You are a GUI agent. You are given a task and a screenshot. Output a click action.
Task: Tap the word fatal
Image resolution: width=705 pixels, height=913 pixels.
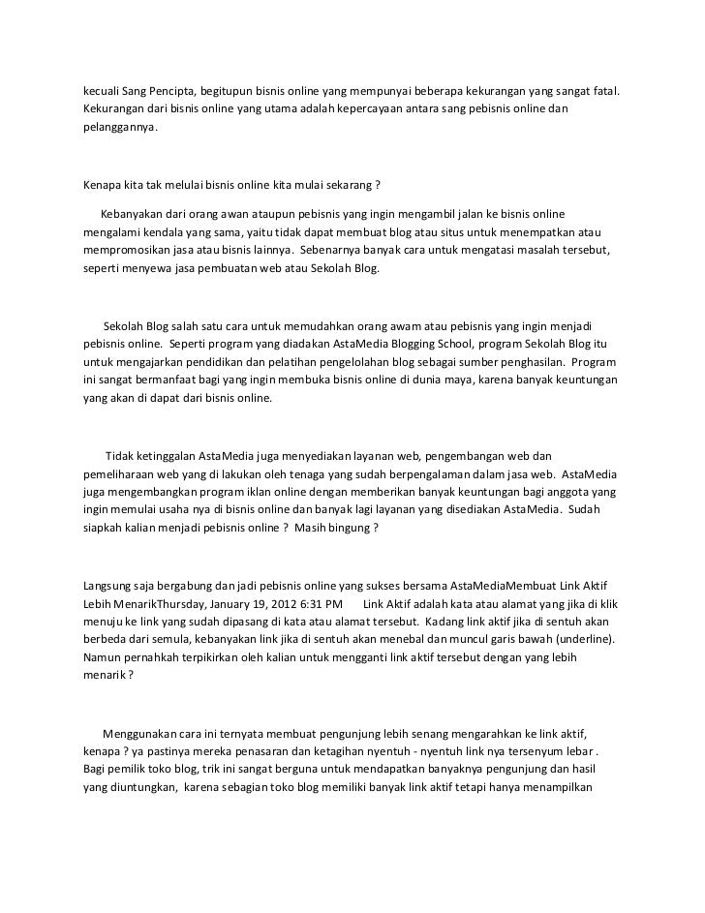click(601, 91)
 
